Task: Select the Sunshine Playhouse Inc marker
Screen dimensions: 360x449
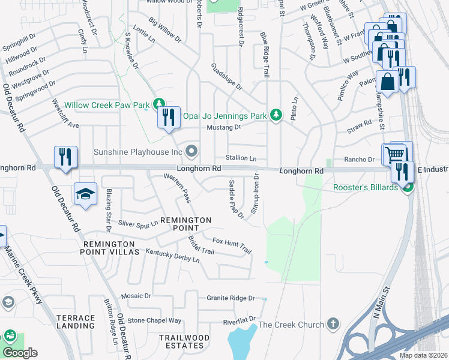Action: coord(191,151)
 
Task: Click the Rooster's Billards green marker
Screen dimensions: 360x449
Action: coord(408,188)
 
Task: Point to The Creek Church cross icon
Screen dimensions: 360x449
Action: coord(333,325)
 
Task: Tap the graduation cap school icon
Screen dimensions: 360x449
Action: coord(85,194)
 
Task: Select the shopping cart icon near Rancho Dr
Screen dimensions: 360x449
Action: coord(395,154)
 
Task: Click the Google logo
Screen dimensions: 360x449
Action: coord(20,352)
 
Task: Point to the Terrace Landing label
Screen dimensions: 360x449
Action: coord(76,322)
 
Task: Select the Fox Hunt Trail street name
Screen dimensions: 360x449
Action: coord(232,244)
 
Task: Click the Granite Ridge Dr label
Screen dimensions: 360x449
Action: coord(231,298)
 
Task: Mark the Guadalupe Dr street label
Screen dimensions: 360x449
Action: coord(226,77)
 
